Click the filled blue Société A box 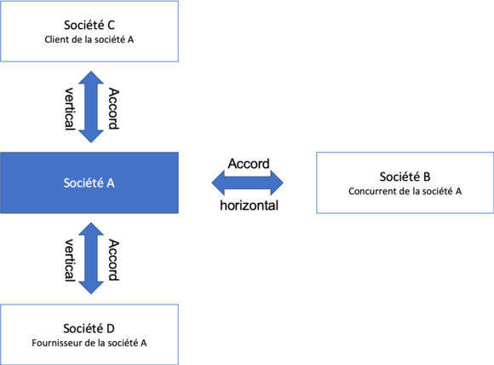(89, 182)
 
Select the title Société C (89, 26)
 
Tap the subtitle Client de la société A (89, 39)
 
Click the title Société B (405, 177)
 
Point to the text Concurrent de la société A (405, 191)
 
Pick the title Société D (89, 328)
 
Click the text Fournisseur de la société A (89, 343)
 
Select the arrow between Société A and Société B (247, 182)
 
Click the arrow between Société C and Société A (91, 107)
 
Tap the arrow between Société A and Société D (91, 258)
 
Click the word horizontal (249, 206)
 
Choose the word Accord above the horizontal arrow (249, 164)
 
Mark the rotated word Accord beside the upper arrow (114, 108)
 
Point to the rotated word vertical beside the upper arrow (69, 108)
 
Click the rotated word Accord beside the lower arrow (114, 260)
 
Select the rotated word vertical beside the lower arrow (69, 260)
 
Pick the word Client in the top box (55, 39)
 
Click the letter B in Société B (427, 177)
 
